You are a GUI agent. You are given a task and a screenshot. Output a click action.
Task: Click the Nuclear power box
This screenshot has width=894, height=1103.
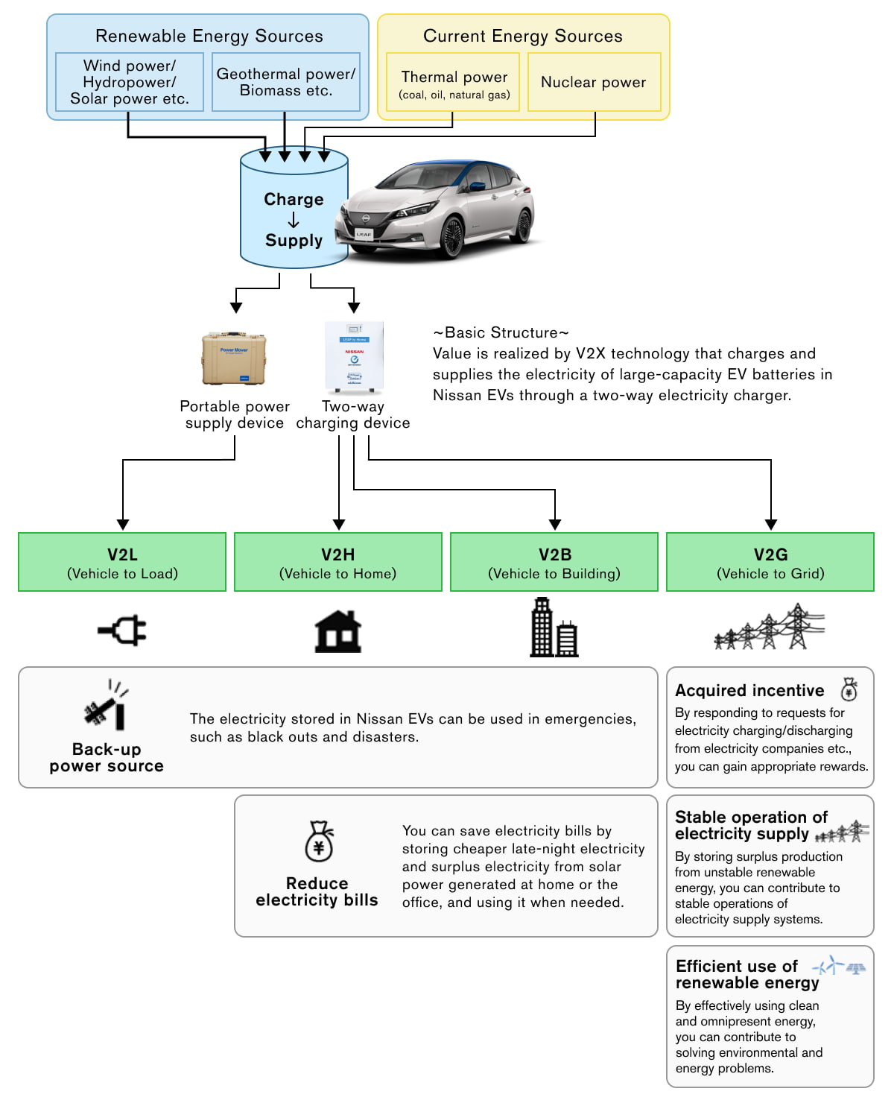click(594, 82)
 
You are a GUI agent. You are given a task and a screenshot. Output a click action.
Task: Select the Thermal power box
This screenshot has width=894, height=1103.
click(453, 82)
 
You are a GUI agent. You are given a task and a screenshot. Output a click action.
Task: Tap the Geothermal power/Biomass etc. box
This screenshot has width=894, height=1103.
click(285, 82)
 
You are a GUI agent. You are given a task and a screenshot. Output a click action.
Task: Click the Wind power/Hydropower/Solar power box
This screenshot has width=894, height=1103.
click(130, 82)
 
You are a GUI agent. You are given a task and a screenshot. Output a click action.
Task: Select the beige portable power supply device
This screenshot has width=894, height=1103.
click(234, 359)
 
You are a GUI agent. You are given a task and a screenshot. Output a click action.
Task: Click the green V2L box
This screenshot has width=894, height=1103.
click(122, 563)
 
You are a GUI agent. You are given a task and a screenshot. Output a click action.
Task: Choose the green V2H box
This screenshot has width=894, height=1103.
click(338, 563)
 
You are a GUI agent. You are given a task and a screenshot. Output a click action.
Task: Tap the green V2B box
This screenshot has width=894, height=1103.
click(554, 563)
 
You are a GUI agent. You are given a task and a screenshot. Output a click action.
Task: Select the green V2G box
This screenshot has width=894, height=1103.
click(770, 563)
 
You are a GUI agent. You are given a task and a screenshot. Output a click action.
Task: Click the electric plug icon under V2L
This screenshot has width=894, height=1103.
click(123, 631)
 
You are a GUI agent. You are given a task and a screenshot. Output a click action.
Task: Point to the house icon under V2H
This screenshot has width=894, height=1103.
click(338, 631)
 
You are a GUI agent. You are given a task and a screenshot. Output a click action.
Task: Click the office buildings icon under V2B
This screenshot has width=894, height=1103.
click(554, 628)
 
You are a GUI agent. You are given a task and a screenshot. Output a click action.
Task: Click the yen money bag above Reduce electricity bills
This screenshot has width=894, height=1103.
click(319, 842)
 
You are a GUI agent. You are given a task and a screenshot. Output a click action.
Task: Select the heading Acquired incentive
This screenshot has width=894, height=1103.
click(749, 691)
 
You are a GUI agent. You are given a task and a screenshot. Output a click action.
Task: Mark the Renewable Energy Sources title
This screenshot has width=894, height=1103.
click(209, 36)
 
